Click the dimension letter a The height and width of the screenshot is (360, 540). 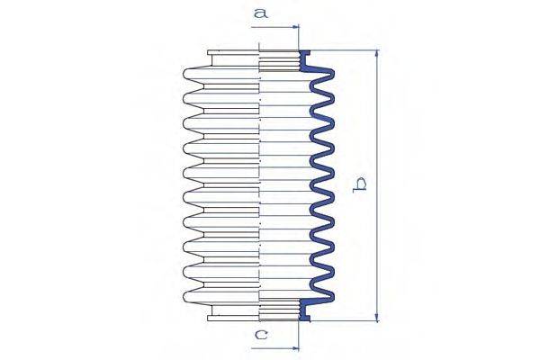pyautogui.click(x=261, y=13)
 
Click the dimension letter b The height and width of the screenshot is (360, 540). pyautogui.click(x=360, y=185)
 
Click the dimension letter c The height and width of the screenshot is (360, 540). pyautogui.click(x=261, y=334)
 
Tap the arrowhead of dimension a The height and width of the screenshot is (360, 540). pyautogui.click(x=295, y=26)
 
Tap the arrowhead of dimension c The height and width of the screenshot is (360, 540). pyautogui.click(x=295, y=348)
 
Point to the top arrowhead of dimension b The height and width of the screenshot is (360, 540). pyautogui.click(x=377, y=54)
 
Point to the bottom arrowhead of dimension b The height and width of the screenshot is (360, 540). pyautogui.click(x=377, y=318)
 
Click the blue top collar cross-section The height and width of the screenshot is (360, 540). pyautogui.click(x=305, y=61)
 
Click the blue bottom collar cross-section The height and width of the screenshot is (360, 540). pyautogui.click(x=305, y=310)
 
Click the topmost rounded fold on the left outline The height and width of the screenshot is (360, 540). pyautogui.click(x=193, y=74)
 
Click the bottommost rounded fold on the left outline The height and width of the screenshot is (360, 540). pyautogui.click(x=193, y=297)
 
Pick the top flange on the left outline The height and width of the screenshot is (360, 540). pyautogui.click(x=233, y=53)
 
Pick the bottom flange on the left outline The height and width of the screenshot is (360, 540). pyautogui.click(x=233, y=318)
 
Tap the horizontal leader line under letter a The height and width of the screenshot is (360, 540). pyautogui.click(x=274, y=26)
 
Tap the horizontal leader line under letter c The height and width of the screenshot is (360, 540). pyautogui.click(x=274, y=348)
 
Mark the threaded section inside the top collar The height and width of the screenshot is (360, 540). pyautogui.click(x=279, y=61)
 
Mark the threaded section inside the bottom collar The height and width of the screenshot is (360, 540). pyautogui.click(x=279, y=310)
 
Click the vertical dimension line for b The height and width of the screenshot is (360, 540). pyautogui.click(x=377, y=186)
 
